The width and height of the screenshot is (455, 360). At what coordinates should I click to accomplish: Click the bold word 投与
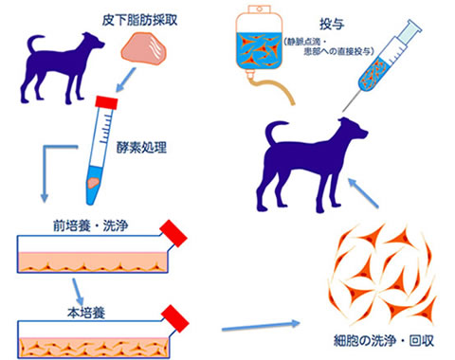click(x=335, y=17)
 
